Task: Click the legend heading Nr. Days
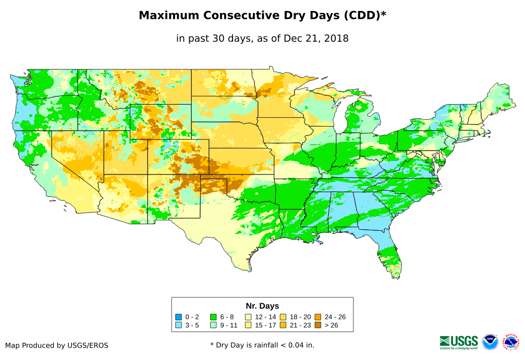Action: click(262, 306)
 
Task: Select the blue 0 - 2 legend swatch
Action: click(179, 317)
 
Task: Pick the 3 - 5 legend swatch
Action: click(179, 326)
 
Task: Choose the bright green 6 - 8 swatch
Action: click(213, 317)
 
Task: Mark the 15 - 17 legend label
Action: click(266, 326)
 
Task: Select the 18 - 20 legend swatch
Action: click(283, 317)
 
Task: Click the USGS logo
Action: click(459, 342)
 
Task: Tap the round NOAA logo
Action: click(490, 342)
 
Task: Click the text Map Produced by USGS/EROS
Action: click(57, 345)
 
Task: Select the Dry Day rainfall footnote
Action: click(262, 345)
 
